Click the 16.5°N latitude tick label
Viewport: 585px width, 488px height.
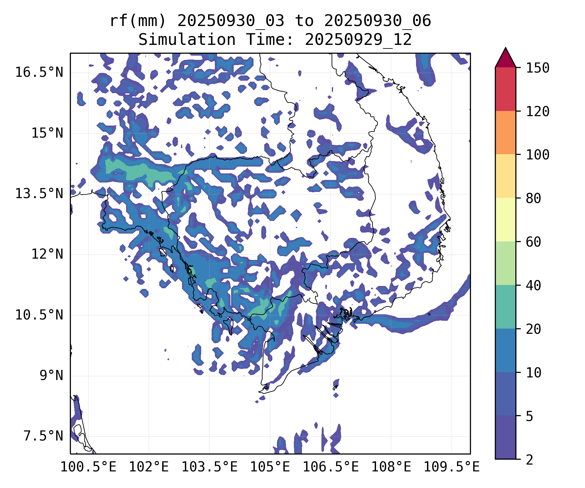click(x=39, y=72)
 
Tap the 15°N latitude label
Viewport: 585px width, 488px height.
click(x=47, y=133)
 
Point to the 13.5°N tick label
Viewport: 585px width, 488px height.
click(x=39, y=194)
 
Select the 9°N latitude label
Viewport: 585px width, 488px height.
click(x=51, y=375)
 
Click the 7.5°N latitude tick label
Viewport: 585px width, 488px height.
click(x=43, y=436)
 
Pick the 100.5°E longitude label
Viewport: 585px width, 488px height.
click(x=88, y=467)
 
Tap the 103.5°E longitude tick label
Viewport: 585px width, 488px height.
click(x=209, y=467)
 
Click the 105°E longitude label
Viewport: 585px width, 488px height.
click(x=270, y=467)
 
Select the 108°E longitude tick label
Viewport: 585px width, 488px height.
click(x=391, y=467)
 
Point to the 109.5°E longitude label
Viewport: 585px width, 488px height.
click(x=451, y=467)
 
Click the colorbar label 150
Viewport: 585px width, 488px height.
click(x=538, y=68)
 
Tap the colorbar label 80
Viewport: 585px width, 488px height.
click(x=533, y=198)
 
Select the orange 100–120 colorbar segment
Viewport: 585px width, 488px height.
click(x=505, y=132)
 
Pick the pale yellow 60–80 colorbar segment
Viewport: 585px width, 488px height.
click(x=505, y=220)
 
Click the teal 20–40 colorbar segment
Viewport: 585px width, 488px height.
click(x=505, y=307)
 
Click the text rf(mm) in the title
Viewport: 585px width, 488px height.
click(x=138, y=21)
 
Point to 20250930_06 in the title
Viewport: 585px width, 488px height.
click(x=377, y=21)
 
